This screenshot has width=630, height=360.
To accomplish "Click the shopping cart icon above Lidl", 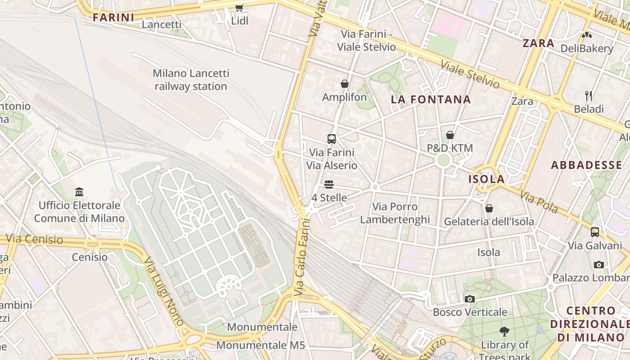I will (239, 8).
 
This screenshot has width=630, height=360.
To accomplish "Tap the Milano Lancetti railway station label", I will (191, 80).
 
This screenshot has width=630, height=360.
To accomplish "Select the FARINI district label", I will (113, 18).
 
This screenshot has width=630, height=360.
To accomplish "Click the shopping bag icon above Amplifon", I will (344, 84).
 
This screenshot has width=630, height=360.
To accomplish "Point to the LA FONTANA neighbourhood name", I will (431, 99).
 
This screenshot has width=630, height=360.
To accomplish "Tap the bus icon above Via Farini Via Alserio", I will (332, 139).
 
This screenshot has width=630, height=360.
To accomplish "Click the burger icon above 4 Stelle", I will (329, 184).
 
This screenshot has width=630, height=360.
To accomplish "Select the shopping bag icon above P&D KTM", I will (450, 135).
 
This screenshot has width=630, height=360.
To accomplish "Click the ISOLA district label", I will (486, 179).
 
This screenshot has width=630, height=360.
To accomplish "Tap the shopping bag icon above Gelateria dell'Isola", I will (489, 208).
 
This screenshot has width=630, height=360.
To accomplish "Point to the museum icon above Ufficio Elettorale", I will (80, 192).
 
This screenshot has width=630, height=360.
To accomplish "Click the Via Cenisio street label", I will (34, 239).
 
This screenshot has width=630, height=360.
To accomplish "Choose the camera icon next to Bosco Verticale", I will (469, 299).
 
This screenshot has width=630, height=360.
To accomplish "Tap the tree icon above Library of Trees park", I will (504, 332).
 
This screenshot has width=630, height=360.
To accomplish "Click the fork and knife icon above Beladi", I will (588, 95).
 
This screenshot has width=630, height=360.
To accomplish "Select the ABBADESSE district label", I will (586, 165).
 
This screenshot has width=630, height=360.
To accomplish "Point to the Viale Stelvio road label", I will (470, 74).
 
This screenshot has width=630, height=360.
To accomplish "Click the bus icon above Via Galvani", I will (594, 232).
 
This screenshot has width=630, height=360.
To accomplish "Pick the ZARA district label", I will (538, 43).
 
